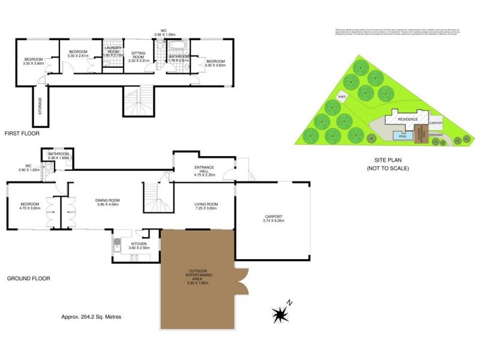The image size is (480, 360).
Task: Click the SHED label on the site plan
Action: tap(343, 97)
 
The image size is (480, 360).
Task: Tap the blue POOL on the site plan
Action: tap(403, 136)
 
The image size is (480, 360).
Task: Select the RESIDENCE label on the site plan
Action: tap(408, 119)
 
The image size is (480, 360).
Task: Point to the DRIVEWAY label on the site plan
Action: tap(436, 135)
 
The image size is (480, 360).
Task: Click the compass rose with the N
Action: tap(280, 313)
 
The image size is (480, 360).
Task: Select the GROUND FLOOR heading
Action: tap(28, 278)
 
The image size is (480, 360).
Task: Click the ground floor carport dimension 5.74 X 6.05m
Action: tap(273, 221)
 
